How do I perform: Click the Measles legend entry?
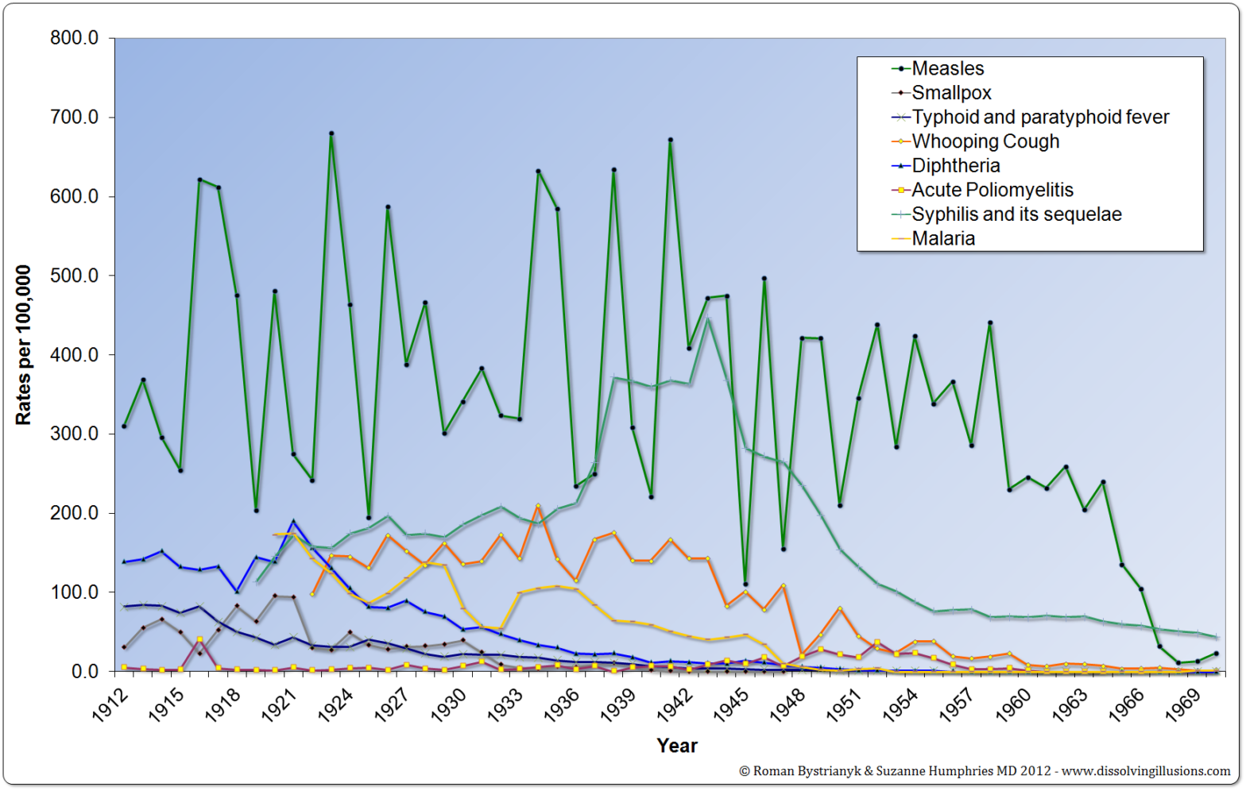pos(947,69)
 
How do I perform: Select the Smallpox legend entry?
pos(951,93)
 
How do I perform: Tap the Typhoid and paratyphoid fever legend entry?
pos(1039,118)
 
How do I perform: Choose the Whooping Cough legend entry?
pos(985,141)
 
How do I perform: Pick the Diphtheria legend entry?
pos(955,166)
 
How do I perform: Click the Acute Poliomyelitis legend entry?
pos(992,190)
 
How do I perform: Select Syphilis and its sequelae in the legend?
pos(1016,214)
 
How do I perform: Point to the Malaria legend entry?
pos(942,238)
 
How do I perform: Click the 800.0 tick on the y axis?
pos(75,38)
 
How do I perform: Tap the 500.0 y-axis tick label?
pos(75,276)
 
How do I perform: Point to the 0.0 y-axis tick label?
pos(85,672)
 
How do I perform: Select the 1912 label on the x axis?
pos(110,706)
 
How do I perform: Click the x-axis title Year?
pos(677,746)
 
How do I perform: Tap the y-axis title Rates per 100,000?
pos(23,345)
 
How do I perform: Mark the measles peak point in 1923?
pos(331,133)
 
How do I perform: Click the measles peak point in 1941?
pos(671,140)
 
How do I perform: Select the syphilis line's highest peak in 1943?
pos(708,319)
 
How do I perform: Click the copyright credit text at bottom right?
pos(984,771)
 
